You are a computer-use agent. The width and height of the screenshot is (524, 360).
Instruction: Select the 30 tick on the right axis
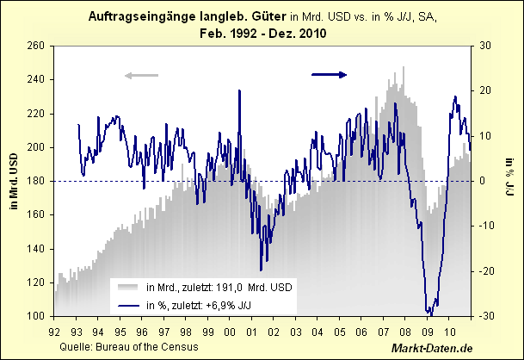tap(484, 46)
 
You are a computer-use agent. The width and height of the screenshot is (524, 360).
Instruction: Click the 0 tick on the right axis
tap(482, 181)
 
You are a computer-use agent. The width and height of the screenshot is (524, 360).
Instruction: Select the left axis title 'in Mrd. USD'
tap(14, 181)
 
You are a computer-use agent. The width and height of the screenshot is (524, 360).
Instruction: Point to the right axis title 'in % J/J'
tap(509, 181)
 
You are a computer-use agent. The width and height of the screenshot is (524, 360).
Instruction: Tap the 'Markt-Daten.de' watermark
tap(431, 347)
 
